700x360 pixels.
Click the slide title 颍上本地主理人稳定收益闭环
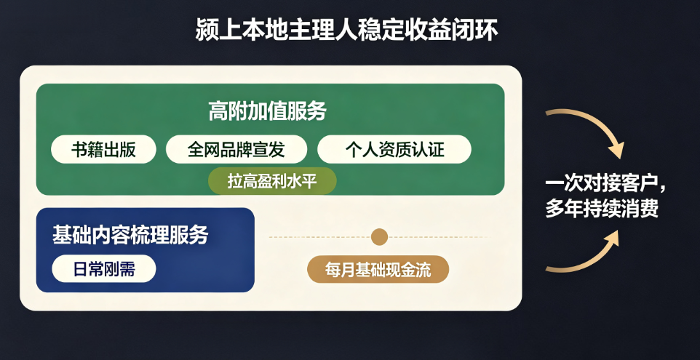pos(346,31)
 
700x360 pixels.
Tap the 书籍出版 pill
pos(103,149)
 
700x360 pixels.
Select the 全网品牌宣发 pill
pos(236,149)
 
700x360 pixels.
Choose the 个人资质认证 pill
pos(394,149)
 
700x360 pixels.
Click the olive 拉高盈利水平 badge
pos(272,182)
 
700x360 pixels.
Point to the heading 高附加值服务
pos(267,111)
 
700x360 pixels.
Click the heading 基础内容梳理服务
pos(130,235)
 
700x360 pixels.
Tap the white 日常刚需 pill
pos(104,269)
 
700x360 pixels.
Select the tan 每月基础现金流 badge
pos(378,269)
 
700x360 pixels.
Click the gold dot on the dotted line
pos(379,237)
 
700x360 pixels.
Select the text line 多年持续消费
pos(601,209)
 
